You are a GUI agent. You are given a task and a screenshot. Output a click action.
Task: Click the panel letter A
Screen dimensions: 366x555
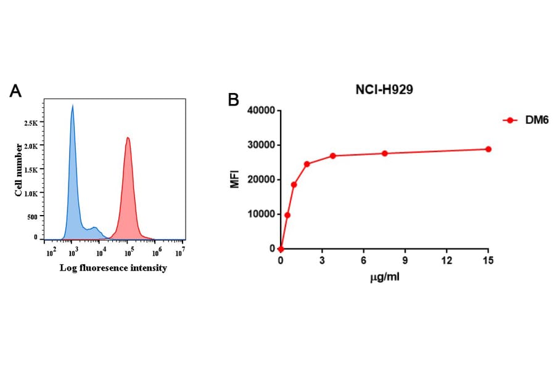16,91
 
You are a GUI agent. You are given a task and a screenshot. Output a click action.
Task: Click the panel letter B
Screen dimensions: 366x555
233,99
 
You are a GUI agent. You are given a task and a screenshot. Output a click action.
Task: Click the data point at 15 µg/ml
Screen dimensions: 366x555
488,149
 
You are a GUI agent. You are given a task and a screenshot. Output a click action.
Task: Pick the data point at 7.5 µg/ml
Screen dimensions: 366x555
385,153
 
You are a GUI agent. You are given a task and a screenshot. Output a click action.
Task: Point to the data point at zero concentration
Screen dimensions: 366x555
281,249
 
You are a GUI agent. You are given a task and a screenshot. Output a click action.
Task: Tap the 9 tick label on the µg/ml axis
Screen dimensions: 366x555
405,261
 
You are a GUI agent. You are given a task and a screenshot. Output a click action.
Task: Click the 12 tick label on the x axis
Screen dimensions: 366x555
446,261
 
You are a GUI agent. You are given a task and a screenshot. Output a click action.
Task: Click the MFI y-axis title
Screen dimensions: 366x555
235,179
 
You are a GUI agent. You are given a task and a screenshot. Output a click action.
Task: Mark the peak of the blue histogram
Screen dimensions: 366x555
72,106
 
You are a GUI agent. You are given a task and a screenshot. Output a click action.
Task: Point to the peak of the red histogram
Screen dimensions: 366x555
128,138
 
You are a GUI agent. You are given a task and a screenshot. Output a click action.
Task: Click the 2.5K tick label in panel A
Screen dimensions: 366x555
30,123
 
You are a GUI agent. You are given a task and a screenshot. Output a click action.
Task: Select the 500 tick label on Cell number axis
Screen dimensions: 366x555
31,216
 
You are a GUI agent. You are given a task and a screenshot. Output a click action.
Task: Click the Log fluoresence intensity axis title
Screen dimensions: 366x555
113,269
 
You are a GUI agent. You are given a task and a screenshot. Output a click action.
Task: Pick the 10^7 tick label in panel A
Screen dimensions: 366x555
180,253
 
